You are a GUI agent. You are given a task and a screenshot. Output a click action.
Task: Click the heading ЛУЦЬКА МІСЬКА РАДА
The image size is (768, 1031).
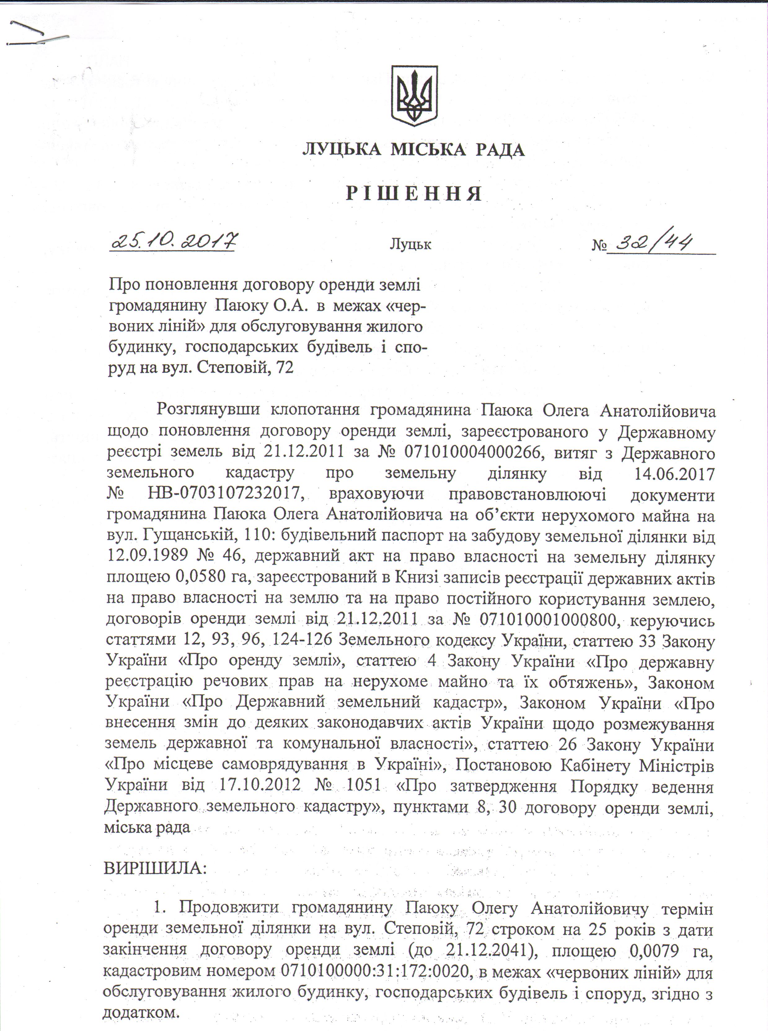coord(413,150)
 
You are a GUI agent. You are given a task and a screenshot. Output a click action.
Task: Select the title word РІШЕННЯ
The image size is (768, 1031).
coord(413,194)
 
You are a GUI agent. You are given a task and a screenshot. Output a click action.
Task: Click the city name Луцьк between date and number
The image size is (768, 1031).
coord(410,245)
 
